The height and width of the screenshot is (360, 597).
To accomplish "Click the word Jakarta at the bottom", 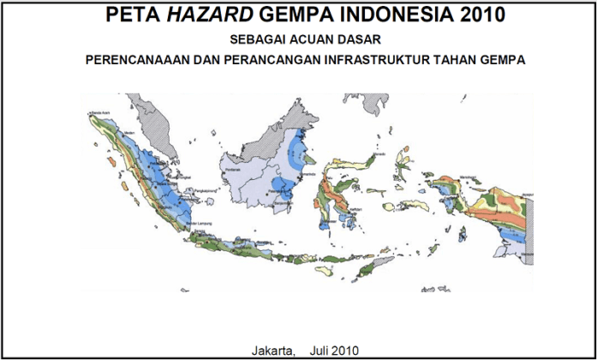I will point(272,349).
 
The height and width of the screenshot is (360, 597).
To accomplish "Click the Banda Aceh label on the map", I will point(104,111).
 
